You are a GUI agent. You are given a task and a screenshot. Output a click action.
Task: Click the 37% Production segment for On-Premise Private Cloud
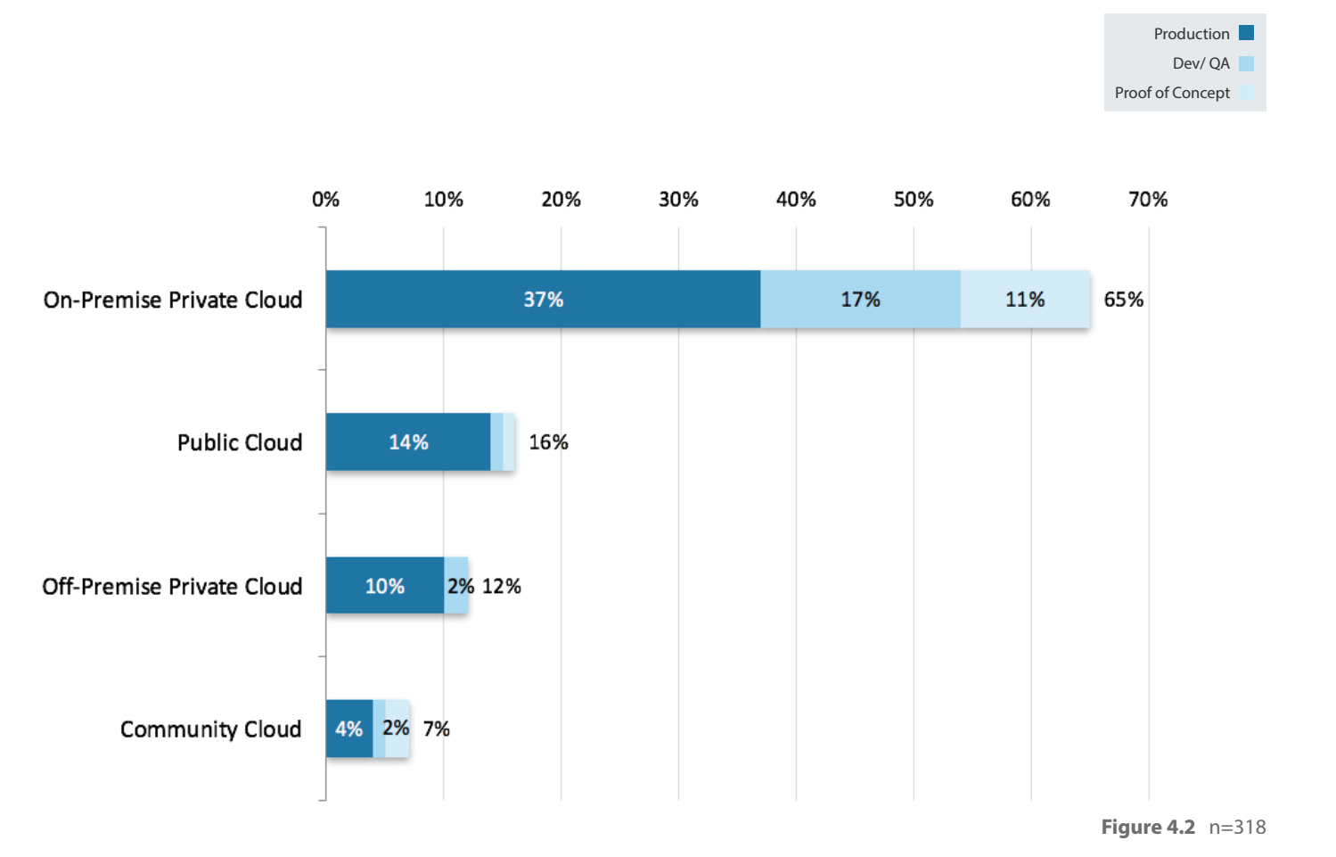tap(543, 300)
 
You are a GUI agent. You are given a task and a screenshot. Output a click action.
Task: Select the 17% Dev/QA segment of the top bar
tap(860, 300)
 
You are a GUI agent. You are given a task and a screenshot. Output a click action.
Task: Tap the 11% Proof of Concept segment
tap(1025, 300)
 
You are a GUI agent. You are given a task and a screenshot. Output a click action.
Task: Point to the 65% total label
tap(1123, 300)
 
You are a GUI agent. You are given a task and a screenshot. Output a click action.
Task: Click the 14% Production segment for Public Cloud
tap(408, 442)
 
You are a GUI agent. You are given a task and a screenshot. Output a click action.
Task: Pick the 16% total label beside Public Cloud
tap(548, 442)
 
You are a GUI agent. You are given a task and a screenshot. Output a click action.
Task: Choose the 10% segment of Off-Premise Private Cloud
tap(385, 586)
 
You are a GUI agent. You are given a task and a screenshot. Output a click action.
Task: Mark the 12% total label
tap(502, 586)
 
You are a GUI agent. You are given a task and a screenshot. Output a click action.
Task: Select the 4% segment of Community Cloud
tap(348, 729)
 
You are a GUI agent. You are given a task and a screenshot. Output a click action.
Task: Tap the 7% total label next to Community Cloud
tap(436, 729)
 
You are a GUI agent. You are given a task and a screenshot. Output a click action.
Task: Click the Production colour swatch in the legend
tap(1246, 33)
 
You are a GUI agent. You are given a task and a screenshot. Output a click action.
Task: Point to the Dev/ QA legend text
tap(1201, 63)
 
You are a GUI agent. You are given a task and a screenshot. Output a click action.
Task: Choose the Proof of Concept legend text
tap(1171, 93)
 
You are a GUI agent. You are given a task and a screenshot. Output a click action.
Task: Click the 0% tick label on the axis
tap(325, 200)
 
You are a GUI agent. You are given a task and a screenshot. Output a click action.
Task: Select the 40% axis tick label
tap(796, 200)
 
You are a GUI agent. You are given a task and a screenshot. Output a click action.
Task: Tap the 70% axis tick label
tap(1148, 200)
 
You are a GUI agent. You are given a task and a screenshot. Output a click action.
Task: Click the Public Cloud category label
tap(240, 442)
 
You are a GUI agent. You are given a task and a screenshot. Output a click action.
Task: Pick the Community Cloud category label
tap(210, 729)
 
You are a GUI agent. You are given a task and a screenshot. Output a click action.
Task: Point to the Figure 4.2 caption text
tap(1148, 828)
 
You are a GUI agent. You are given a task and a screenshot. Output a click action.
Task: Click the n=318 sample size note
tap(1237, 828)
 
